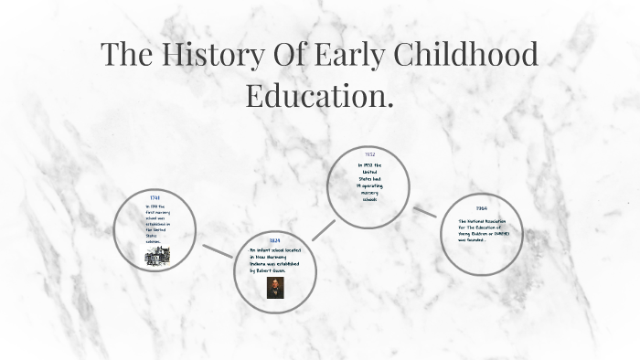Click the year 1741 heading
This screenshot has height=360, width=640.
[155, 198]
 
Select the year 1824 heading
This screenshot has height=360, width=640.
[274, 240]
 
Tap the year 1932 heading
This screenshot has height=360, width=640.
[369, 155]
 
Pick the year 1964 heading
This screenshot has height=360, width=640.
[481, 208]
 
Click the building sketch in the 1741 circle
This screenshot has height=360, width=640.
[155, 257]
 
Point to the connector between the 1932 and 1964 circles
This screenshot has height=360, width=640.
[424, 211]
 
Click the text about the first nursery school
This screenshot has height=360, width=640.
[156, 224]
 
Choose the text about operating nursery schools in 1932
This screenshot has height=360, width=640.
[369, 181]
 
